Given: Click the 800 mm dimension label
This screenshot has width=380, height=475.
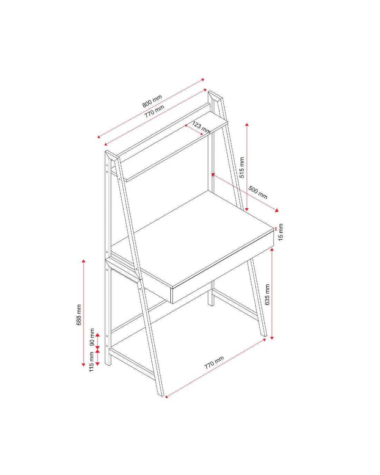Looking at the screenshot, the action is tap(152, 101).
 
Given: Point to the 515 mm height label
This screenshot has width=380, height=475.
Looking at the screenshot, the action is tap(242, 167).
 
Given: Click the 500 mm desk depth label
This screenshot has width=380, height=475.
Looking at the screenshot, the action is tap(258, 192).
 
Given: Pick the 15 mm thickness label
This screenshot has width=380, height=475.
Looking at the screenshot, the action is tap(281, 232).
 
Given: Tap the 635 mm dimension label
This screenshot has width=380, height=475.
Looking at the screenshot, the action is tap(267, 294).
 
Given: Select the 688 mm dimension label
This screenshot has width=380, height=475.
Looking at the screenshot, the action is tap(79, 315).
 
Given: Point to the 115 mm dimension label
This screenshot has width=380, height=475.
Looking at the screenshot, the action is tap(92, 362).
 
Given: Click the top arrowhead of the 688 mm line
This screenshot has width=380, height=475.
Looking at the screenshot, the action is tap(84, 262).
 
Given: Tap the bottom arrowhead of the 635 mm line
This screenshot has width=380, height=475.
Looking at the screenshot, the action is tap(272, 338).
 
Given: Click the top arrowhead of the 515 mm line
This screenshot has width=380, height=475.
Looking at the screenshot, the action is tap(247, 125).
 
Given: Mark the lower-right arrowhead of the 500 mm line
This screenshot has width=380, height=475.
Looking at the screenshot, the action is tap(277, 210).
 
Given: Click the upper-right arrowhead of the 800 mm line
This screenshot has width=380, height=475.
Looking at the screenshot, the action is tap(203, 79).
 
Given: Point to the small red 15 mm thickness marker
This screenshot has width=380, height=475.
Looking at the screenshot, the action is tap(276, 229).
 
